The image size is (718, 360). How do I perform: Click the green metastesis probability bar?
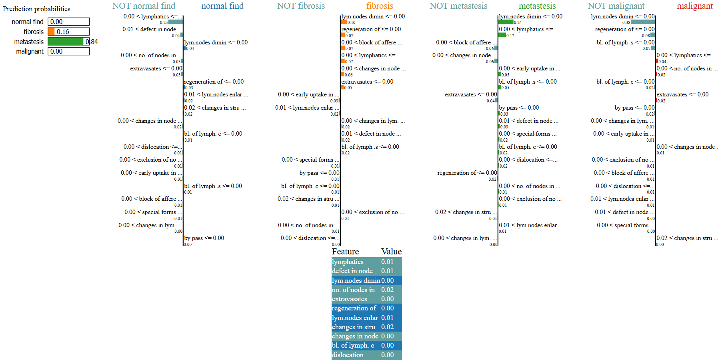point(66,42)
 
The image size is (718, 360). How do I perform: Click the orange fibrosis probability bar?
point(51,32)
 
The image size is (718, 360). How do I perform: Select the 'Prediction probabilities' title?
point(36,9)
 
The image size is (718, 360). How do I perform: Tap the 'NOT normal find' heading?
point(144,6)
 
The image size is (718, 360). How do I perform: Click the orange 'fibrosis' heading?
point(380,6)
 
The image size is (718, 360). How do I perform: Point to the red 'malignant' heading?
point(695,6)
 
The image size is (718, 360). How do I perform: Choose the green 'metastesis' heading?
point(537,6)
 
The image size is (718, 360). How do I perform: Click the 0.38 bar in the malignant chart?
point(643,22)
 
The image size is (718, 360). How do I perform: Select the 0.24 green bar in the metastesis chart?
point(506,22)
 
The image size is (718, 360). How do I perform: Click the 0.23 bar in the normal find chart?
point(176,22)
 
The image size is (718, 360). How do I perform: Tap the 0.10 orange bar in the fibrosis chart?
point(344,22)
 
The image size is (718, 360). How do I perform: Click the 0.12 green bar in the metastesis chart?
point(502,35)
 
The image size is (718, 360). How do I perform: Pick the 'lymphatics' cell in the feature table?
point(348,262)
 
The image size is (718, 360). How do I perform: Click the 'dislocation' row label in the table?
point(348,355)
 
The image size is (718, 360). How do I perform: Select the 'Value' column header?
point(391,252)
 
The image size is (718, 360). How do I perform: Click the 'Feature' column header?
point(345,252)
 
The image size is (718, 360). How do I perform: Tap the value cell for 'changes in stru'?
point(387,327)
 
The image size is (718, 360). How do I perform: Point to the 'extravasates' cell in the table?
point(349,299)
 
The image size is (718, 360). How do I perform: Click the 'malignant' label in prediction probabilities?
point(30,51)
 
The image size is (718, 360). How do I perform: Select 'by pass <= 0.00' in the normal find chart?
point(204,238)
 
